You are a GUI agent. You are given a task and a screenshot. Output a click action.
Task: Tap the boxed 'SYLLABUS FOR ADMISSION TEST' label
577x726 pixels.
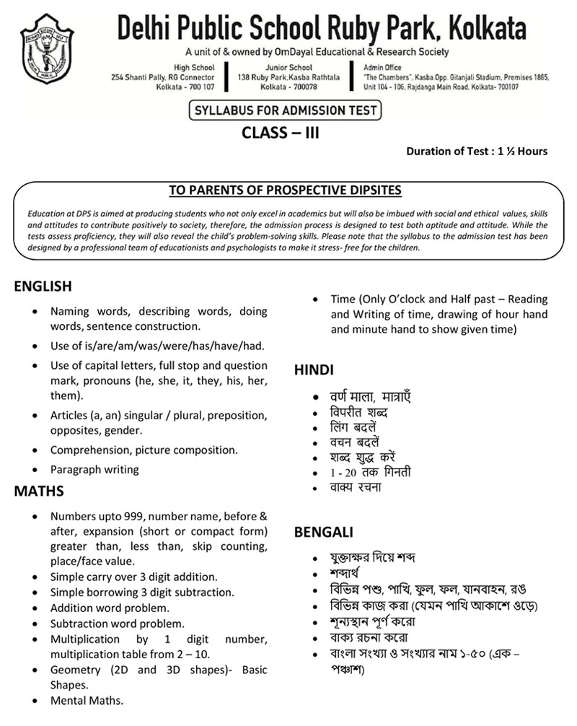[283, 111]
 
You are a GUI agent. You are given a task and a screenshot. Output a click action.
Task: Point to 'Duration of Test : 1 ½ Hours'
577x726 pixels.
[477, 152]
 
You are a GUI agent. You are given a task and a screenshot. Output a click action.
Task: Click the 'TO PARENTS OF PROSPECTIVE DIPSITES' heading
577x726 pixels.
[285, 191]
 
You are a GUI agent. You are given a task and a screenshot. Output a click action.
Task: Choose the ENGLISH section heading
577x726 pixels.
[43, 287]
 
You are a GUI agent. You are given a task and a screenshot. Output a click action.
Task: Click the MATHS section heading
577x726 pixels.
[39, 491]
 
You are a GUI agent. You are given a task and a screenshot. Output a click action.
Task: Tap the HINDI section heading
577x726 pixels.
[314, 370]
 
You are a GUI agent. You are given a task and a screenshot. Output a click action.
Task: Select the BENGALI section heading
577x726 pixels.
[323, 533]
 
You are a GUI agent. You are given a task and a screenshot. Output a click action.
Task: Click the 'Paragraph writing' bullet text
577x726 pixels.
[94, 469]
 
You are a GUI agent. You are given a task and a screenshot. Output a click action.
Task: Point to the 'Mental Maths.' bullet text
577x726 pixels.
[87, 700]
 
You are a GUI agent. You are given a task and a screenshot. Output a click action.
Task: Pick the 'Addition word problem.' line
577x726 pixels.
[107, 608]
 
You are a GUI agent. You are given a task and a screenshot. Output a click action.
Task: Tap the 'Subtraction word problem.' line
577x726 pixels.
[118, 623]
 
